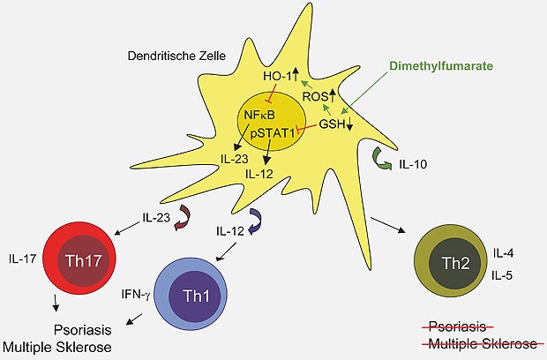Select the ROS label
339,97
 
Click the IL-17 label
22,259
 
